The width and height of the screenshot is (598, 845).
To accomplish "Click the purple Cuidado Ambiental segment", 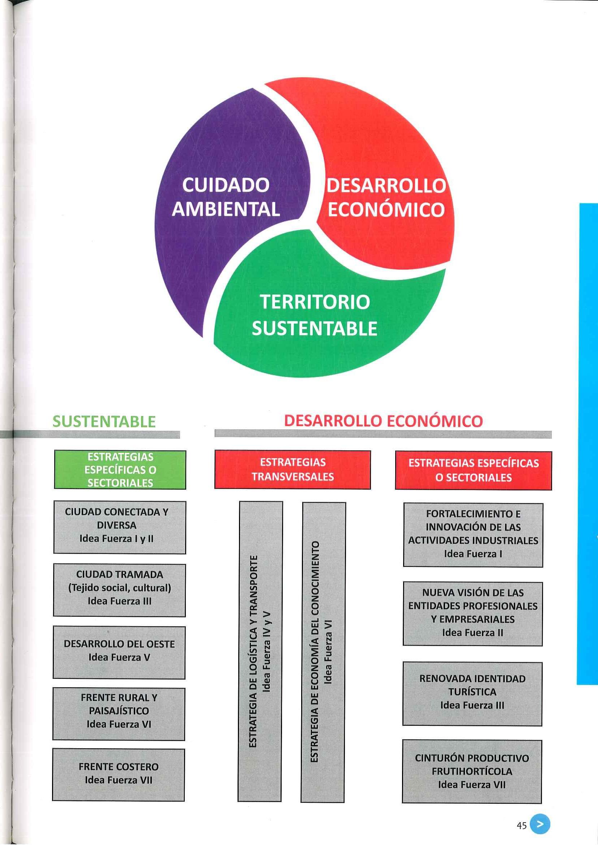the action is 221,199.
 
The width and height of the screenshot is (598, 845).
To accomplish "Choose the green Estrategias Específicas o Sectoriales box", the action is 120,470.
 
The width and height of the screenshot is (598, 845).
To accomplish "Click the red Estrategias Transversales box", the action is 292,470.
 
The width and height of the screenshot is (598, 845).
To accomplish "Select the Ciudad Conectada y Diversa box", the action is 119,527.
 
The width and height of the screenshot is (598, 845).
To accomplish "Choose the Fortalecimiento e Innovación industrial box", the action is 473,535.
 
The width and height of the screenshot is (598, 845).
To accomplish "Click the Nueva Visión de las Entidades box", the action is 473,614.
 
